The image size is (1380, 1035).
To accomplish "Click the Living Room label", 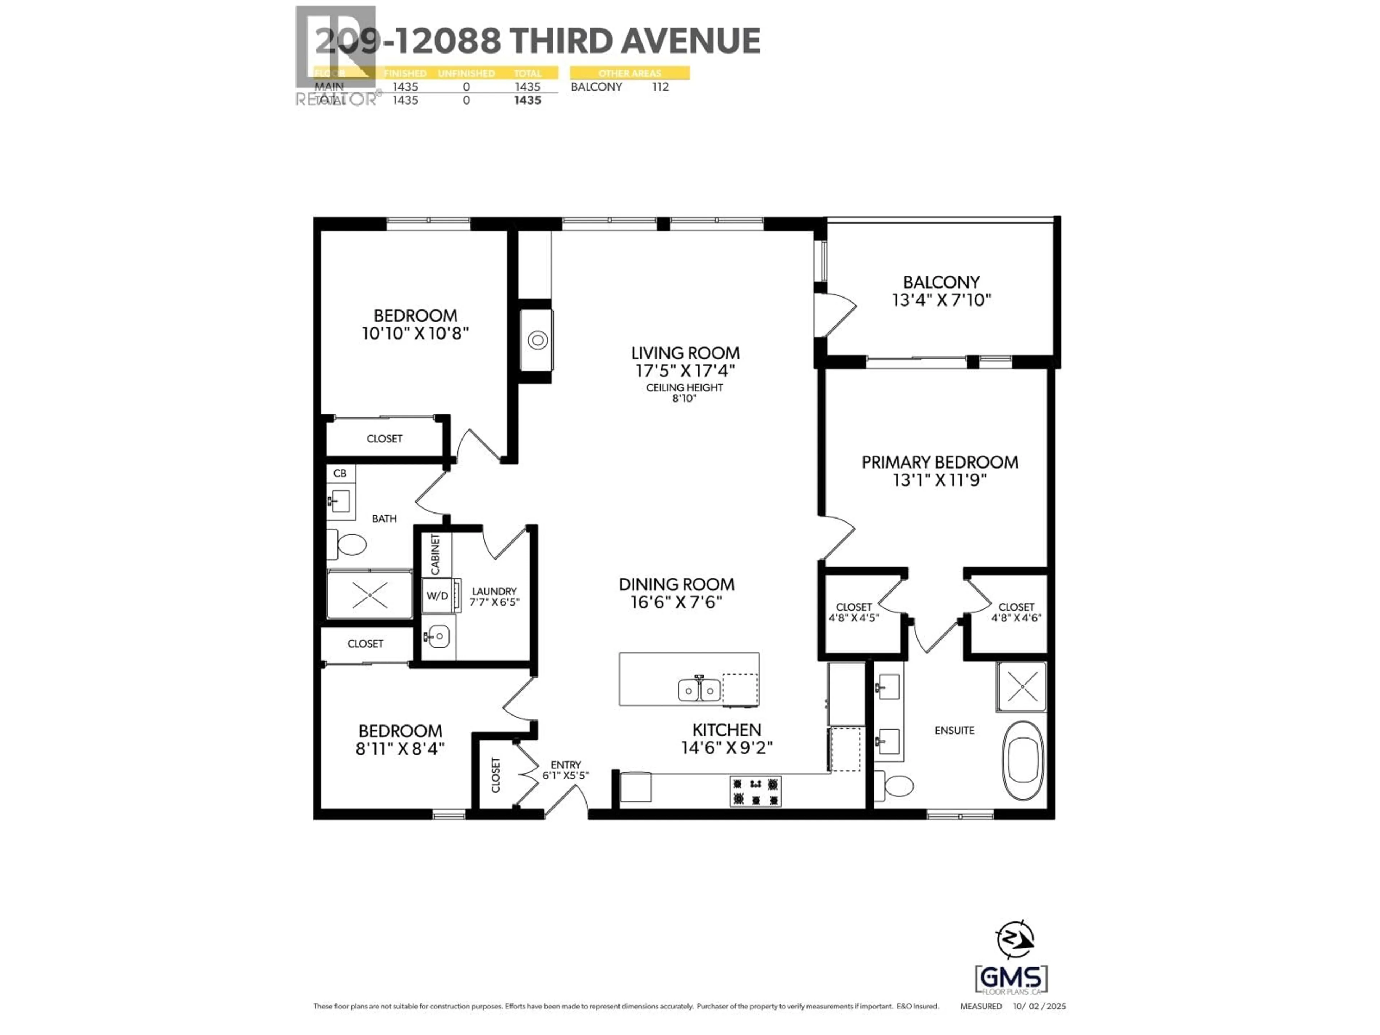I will [685, 353].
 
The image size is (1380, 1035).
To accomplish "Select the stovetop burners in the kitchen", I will [755, 791].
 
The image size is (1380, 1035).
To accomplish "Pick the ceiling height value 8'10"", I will [684, 398].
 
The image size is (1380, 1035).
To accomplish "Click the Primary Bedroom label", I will [939, 462].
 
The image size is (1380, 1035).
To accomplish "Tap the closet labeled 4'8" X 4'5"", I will [854, 613].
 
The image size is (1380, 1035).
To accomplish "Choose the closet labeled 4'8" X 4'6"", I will [1016, 613].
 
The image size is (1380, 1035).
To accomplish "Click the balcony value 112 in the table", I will [660, 87].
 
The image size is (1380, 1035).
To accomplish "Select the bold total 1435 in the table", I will [527, 100].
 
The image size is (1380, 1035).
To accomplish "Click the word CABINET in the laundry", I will [435, 554].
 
